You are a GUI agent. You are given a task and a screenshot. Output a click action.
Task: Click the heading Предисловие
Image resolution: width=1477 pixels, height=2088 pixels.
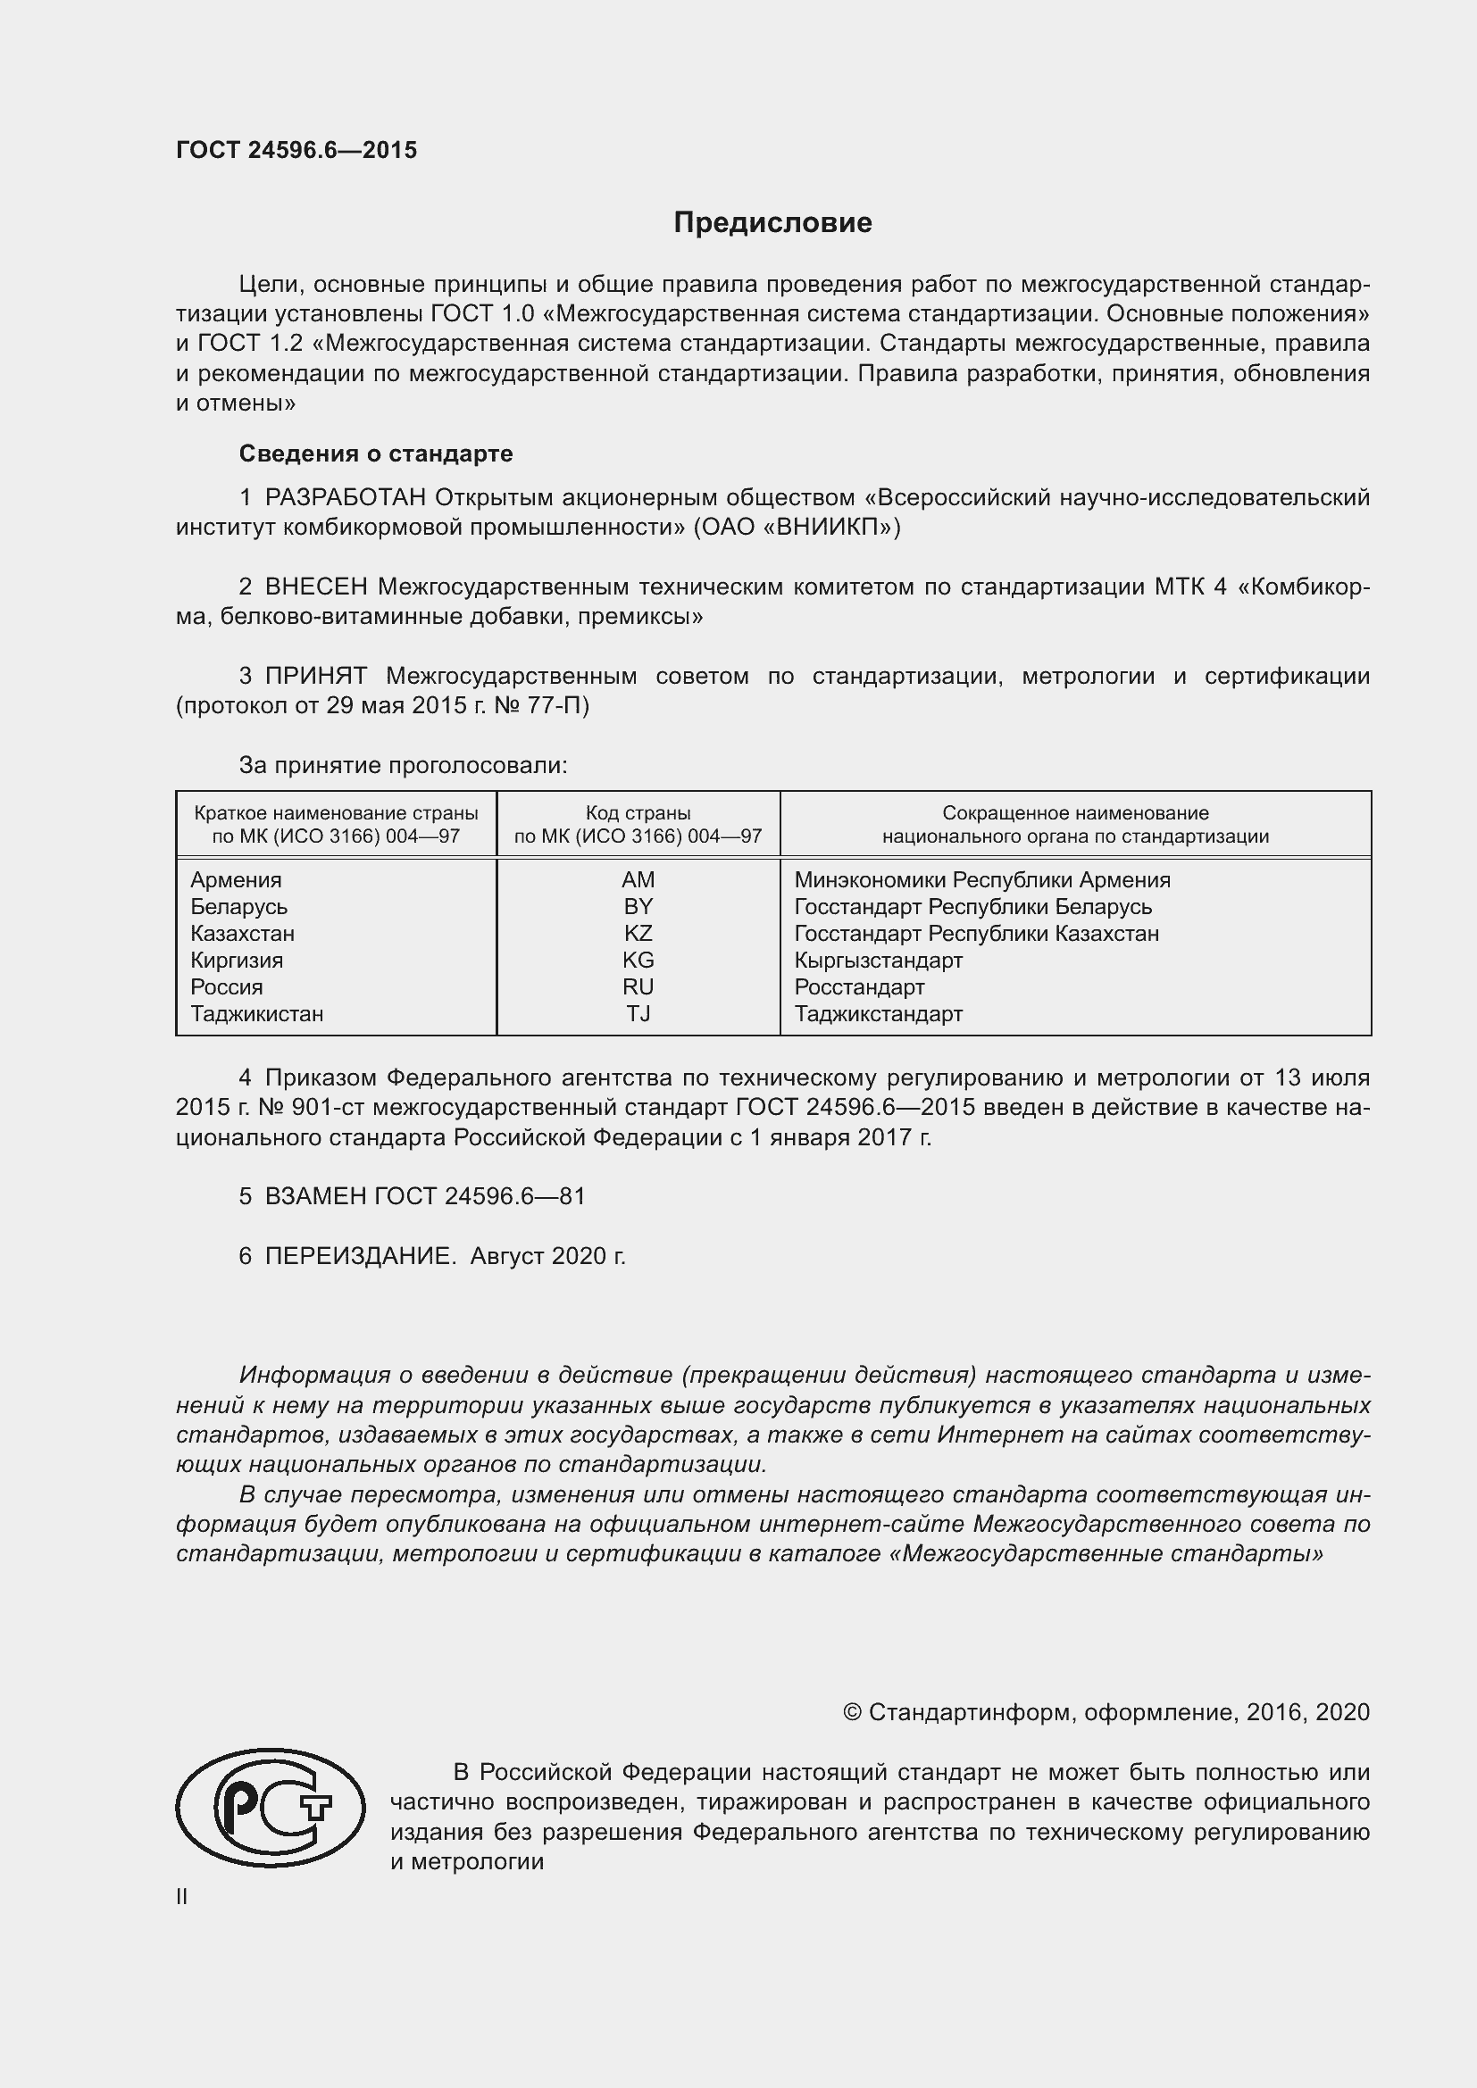(x=772, y=223)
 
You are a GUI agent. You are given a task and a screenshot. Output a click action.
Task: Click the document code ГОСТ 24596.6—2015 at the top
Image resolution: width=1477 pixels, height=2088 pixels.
(x=296, y=150)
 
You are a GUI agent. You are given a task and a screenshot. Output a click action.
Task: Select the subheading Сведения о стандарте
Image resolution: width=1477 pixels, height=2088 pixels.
(x=376, y=453)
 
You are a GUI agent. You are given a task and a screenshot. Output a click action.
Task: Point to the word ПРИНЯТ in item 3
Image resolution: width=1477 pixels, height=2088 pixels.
(x=315, y=676)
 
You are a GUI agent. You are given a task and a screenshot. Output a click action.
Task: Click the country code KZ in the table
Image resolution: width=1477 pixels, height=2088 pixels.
(x=638, y=933)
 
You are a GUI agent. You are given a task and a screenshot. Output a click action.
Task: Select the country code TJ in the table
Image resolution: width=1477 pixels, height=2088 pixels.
(x=638, y=1013)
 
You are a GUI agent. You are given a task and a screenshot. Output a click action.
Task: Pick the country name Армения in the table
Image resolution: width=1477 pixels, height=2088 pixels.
(x=236, y=879)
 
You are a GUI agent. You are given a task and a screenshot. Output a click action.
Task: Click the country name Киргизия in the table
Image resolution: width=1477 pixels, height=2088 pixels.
(x=237, y=961)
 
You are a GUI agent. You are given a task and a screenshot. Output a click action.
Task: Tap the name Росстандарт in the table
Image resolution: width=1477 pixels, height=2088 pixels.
(x=858, y=986)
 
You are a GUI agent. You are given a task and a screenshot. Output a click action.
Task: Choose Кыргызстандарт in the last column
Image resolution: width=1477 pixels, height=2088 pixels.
(x=878, y=961)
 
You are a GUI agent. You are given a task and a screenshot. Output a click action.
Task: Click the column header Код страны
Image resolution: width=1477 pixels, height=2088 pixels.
(x=638, y=813)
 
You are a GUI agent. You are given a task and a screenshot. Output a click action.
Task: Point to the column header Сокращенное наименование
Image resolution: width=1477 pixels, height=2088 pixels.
(x=1075, y=813)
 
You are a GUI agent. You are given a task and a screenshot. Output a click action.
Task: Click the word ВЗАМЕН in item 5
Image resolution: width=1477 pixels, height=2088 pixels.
(x=315, y=1196)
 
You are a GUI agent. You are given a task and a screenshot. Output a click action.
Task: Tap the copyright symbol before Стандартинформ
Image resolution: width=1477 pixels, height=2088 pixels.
(x=851, y=1712)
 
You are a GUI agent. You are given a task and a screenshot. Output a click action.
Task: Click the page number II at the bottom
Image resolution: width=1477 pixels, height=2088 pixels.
(x=182, y=1896)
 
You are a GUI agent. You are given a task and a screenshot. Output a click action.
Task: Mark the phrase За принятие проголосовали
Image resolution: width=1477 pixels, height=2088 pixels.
(x=403, y=766)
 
